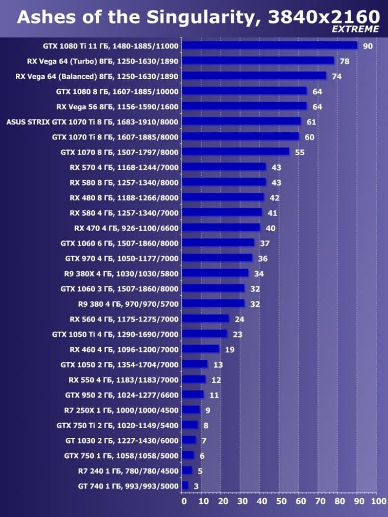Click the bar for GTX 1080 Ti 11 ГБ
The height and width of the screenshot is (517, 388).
270,45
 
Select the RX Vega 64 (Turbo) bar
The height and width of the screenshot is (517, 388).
258,61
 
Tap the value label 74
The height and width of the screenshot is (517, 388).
336,76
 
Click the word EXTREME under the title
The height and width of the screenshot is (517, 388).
355,29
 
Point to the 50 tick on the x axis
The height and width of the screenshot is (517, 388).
281,502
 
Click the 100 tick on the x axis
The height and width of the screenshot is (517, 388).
378,502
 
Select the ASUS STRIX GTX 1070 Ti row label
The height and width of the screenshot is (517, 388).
92,122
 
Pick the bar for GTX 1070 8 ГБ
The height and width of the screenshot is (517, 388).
235,152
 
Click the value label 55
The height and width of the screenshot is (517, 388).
300,152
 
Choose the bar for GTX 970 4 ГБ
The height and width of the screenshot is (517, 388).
217,258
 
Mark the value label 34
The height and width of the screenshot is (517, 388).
259,274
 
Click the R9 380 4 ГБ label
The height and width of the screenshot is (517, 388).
128,304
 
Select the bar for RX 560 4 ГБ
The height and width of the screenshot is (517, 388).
205,318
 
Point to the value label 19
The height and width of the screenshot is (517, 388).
230,350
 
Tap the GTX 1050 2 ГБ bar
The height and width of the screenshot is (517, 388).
195,364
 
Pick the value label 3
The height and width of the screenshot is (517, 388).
197,486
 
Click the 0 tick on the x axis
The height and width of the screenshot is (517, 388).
184,502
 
